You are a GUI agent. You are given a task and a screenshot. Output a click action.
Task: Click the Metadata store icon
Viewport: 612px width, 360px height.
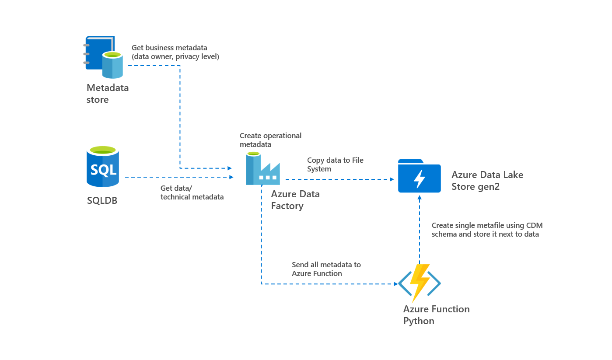(x=104, y=57)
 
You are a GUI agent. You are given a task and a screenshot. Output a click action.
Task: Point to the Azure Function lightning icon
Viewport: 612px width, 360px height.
(x=419, y=283)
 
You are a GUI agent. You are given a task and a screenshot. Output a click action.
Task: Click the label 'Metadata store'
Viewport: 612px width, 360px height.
(x=108, y=94)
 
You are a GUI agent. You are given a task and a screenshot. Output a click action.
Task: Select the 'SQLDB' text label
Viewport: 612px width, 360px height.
(x=102, y=201)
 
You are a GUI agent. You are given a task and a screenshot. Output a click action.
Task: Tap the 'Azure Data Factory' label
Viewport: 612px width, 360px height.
(x=295, y=200)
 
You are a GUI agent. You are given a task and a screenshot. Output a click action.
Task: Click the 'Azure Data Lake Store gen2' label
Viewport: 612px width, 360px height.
(x=487, y=181)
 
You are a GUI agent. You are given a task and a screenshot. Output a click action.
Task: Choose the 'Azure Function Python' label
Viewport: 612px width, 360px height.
(x=436, y=315)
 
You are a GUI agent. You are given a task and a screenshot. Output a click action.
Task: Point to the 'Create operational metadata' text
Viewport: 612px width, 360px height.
(x=270, y=140)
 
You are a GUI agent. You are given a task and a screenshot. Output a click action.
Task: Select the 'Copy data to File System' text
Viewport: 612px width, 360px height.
(x=335, y=164)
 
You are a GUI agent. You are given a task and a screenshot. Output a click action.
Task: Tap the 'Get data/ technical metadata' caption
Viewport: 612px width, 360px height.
(x=192, y=192)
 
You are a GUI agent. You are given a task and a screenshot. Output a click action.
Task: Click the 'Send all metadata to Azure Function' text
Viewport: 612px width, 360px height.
(x=326, y=269)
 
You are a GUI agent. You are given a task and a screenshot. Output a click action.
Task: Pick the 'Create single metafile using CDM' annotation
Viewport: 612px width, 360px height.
(x=487, y=230)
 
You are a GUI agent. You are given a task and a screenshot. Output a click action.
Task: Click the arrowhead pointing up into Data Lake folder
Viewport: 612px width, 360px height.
(x=420, y=198)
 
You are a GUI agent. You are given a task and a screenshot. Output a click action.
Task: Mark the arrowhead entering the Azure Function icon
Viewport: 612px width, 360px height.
(x=395, y=284)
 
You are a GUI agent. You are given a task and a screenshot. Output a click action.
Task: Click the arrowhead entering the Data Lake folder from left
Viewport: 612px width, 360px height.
(x=392, y=179)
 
